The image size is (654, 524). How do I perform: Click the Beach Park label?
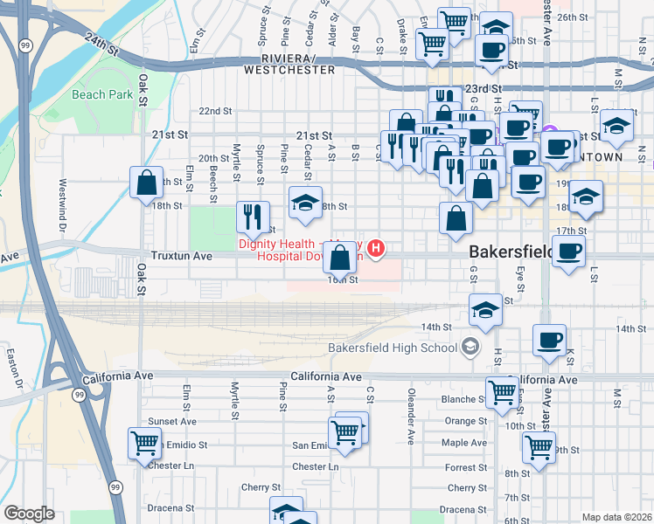pyautogui.click(x=102, y=94)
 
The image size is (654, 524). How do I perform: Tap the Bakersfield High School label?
pyautogui.click(x=393, y=348)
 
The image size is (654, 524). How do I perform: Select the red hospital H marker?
pyautogui.click(x=376, y=250)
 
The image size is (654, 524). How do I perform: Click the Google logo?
pyautogui.click(x=29, y=514)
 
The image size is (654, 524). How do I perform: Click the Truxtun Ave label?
pyautogui.click(x=181, y=257)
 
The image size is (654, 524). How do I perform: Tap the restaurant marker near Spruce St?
pyautogui.click(x=253, y=217)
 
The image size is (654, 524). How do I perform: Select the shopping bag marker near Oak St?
pyautogui.click(x=147, y=183)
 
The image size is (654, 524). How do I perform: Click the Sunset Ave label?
pyautogui.click(x=167, y=421)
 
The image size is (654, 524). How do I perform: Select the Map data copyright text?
pyautogui.click(x=616, y=517)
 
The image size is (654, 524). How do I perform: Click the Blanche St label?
pyautogui.click(x=458, y=399)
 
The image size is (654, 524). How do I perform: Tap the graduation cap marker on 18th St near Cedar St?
pyautogui.click(x=305, y=203)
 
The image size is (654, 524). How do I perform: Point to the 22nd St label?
pyautogui.click(x=215, y=112)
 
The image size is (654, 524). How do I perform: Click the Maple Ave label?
pyautogui.click(x=464, y=443)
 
